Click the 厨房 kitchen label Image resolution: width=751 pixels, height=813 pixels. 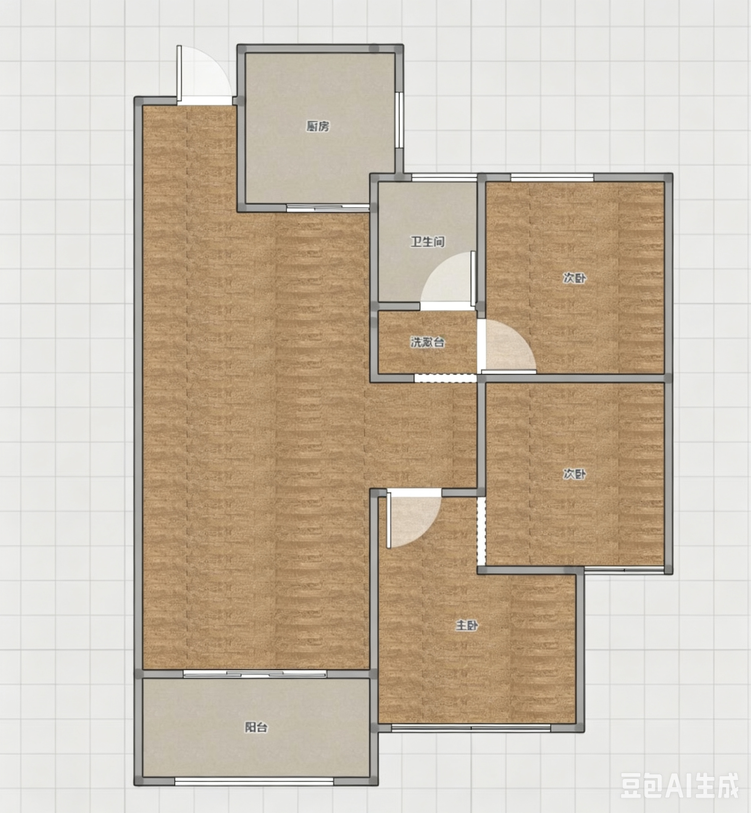click(318, 127)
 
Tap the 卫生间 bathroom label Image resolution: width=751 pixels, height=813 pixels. click(428, 242)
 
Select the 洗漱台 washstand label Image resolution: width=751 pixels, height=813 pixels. click(427, 342)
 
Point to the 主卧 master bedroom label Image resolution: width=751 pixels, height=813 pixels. click(467, 626)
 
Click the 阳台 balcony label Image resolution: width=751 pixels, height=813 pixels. click(256, 727)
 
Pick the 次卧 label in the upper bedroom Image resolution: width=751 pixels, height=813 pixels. click(575, 278)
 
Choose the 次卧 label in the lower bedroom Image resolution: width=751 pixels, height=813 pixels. click(575, 474)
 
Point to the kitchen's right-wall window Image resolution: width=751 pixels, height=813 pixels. click(400, 120)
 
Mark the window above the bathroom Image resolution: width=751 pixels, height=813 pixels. click(444, 177)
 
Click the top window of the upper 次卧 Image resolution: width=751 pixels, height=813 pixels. click(552, 177)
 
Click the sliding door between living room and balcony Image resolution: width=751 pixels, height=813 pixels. click(254, 674)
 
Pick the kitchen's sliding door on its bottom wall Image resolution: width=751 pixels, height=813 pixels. click(328, 208)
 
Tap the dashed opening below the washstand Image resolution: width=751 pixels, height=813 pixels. click(446, 378)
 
